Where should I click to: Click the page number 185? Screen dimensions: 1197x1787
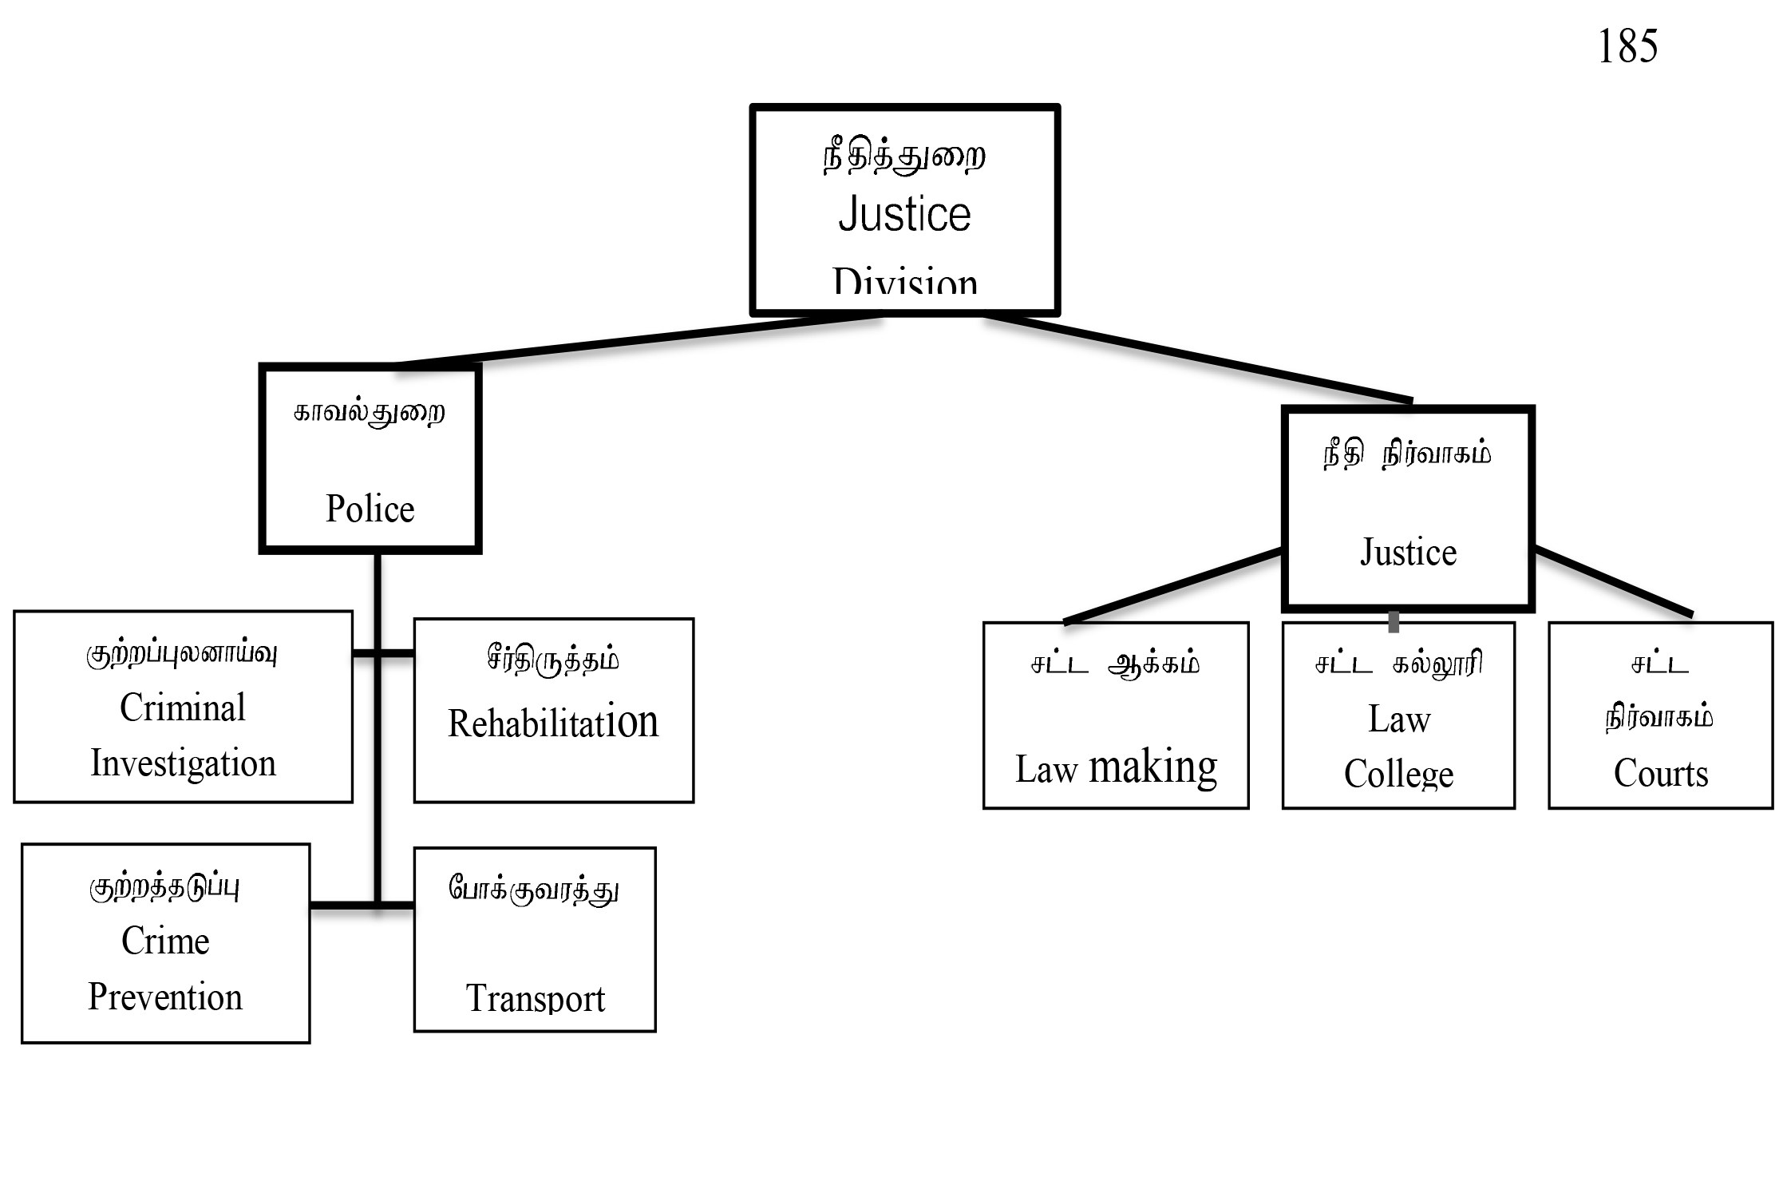pyautogui.click(x=1627, y=46)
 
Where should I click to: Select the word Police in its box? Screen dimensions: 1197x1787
pyautogui.click(x=370, y=509)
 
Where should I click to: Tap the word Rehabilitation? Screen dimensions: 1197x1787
pyautogui.click(x=553, y=723)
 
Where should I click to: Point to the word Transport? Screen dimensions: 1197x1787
pyautogui.click(x=536, y=998)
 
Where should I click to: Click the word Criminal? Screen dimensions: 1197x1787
pyautogui.click(x=183, y=707)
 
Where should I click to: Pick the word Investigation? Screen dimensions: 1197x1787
pyautogui.click(x=183, y=763)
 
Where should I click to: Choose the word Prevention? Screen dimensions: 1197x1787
pyautogui.click(x=165, y=997)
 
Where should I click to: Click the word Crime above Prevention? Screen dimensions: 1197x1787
pyautogui.click(x=165, y=941)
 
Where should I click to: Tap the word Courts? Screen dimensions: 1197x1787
pyautogui.click(x=1661, y=773)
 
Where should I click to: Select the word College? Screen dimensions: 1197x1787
pyautogui.click(x=1398, y=774)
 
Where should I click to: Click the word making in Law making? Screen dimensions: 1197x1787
pyautogui.click(x=1152, y=767)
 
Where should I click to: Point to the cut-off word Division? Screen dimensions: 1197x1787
pyautogui.click(x=904, y=282)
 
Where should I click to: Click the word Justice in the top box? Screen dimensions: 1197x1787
pyautogui.click(x=904, y=214)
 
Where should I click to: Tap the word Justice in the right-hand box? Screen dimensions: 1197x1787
pyautogui.click(x=1408, y=553)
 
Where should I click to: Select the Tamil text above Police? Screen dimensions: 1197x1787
pyautogui.click(x=370, y=413)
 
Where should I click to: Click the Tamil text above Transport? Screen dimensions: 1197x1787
pyautogui.click(x=534, y=889)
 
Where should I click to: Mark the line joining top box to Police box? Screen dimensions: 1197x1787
pyautogui.click(x=638, y=340)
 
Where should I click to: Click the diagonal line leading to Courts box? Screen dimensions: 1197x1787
pyautogui.click(x=1612, y=581)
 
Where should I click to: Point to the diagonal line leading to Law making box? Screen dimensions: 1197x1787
pyautogui.click(x=1173, y=585)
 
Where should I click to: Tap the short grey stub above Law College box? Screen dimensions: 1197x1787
pyautogui.click(x=1394, y=621)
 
